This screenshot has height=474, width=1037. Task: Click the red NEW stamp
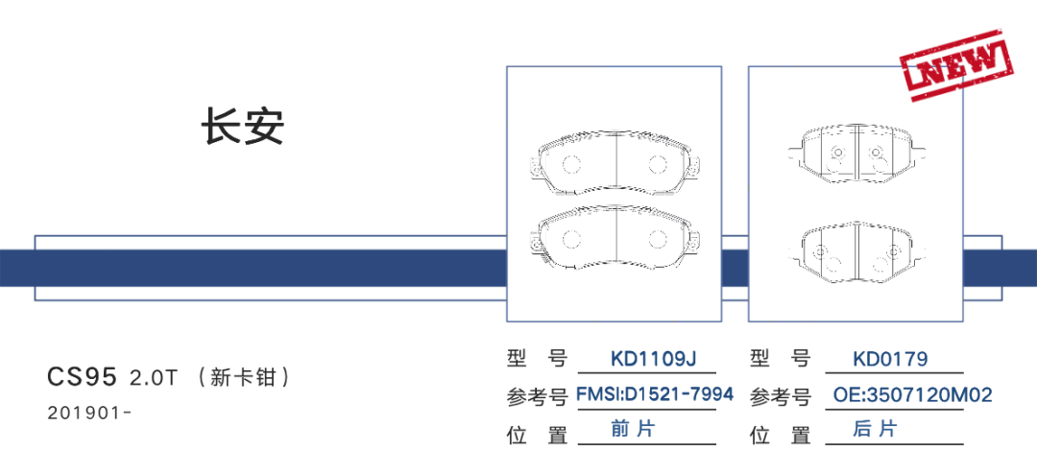(956, 63)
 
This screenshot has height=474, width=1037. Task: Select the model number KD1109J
(653, 360)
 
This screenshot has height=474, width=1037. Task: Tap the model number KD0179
(890, 360)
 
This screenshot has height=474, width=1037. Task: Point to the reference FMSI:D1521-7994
(654, 394)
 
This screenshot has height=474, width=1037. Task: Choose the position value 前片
(633, 429)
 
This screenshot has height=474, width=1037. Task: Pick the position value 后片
(875, 429)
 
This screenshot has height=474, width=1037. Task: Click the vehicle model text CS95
(83, 376)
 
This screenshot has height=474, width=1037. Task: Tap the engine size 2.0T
(154, 377)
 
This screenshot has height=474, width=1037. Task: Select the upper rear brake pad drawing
(855, 153)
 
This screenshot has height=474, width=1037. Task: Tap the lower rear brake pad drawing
(855, 252)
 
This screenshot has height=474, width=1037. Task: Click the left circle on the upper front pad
(570, 163)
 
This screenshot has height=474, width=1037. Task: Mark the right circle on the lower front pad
(658, 240)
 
